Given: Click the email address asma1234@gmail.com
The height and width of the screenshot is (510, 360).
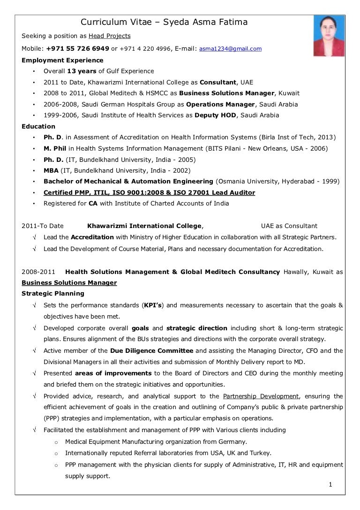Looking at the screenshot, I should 231,49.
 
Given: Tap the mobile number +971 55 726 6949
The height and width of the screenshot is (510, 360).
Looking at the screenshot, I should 77,48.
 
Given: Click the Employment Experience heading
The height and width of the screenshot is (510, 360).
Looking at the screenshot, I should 62,60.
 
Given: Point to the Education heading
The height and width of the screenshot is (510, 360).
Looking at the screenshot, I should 38,126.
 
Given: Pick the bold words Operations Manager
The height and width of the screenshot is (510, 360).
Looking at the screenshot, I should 220,104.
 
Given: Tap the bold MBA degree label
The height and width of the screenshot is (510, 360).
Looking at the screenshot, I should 51,170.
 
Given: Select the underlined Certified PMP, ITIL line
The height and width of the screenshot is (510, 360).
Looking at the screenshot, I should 149,192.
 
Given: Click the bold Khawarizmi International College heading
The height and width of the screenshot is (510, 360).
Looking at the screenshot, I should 145,226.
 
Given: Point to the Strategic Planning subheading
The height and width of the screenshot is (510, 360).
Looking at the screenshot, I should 53,293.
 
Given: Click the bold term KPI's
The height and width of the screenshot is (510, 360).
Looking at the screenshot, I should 152,305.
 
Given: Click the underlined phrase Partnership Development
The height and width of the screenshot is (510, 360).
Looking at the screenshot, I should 261,396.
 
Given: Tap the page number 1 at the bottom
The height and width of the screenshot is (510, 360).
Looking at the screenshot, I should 330,485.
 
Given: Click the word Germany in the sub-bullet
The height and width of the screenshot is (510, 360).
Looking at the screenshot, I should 233,441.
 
